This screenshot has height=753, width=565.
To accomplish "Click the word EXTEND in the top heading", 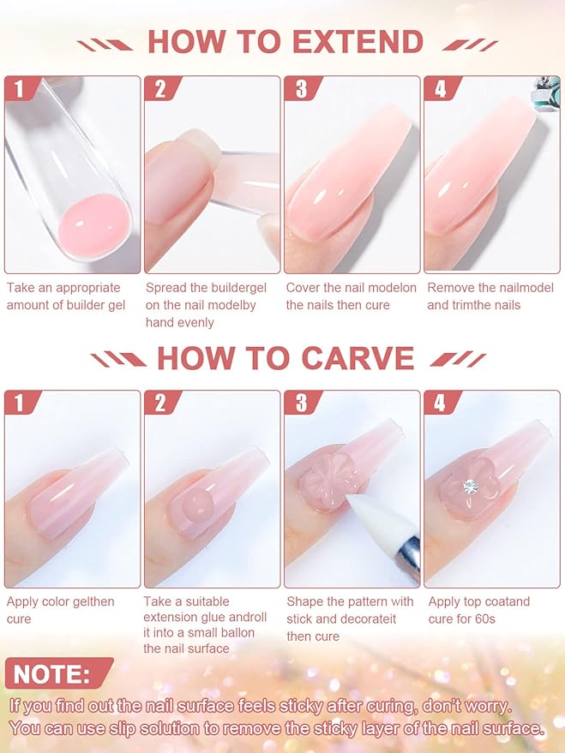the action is [358, 42].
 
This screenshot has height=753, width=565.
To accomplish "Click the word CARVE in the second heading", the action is [358, 358].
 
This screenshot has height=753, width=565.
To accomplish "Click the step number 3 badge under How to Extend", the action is [301, 88].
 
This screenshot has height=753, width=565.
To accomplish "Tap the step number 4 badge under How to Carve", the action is [441, 403].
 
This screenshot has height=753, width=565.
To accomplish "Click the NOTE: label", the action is [52, 674].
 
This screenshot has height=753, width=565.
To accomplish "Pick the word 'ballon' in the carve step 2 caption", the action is [235, 632].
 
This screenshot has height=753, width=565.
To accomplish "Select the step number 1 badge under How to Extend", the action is [21, 88].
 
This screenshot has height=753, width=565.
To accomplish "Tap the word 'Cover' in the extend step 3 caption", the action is [304, 288].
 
